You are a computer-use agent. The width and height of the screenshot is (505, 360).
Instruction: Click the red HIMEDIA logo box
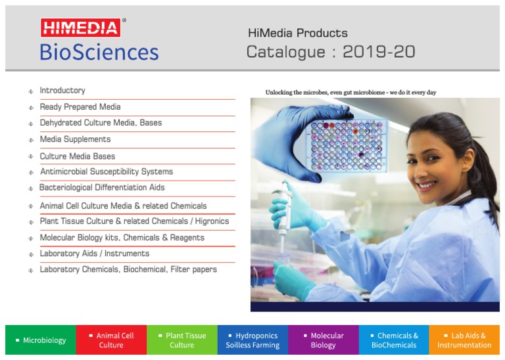click(81, 28)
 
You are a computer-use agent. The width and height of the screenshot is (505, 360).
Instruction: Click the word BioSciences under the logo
click(99, 52)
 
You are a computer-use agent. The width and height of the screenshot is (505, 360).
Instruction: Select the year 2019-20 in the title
click(382, 52)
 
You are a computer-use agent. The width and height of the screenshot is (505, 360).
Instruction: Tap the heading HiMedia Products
click(297, 33)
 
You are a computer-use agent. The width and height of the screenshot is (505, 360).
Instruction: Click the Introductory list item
click(62, 91)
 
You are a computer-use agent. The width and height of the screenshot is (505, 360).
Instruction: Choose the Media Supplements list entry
click(75, 139)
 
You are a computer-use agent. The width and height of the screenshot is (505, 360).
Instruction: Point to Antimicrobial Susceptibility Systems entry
click(106, 171)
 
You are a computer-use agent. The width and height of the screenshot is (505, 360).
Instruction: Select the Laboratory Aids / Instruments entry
click(94, 254)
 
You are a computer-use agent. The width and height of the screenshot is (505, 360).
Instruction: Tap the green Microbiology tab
click(41, 340)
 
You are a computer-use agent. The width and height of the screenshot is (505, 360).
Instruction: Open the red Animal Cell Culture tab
click(111, 340)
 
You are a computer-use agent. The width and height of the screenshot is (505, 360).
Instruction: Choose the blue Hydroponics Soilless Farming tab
click(252, 340)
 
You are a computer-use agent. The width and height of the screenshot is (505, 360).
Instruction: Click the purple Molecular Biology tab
click(324, 340)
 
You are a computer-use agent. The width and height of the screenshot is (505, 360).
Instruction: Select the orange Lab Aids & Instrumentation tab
click(464, 340)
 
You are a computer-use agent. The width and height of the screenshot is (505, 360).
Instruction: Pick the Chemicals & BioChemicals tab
click(394, 340)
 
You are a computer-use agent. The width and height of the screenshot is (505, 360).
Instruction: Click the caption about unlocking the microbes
click(350, 93)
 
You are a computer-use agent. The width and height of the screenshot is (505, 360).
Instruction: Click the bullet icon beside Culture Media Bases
click(31, 157)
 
